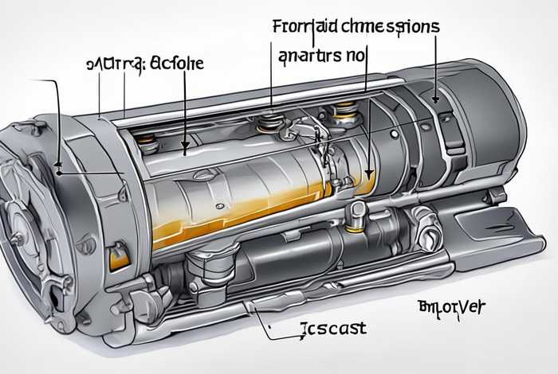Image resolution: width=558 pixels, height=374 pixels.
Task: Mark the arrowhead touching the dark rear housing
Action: (x=435, y=100)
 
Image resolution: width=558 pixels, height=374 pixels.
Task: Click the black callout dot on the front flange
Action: (x=59, y=168)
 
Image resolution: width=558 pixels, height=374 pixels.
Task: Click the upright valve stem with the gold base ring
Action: (x=358, y=212)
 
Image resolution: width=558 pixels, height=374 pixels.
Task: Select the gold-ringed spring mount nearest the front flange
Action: (x=145, y=142)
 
